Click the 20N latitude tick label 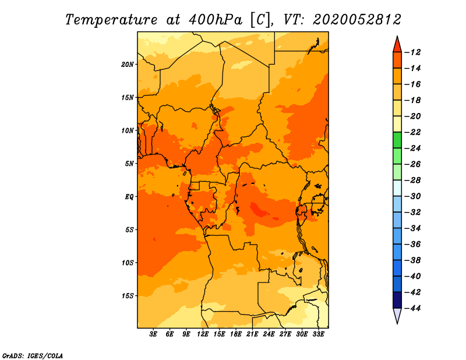pyautogui.click(x=128, y=65)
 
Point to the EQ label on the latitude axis pyautogui.click(x=129, y=197)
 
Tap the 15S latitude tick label pyautogui.click(x=128, y=296)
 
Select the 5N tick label pyautogui.click(x=129, y=164)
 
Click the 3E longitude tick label pyautogui.click(x=153, y=334)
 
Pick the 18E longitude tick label pyautogui.click(x=236, y=334)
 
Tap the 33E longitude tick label pyautogui.click(x=318, y=334)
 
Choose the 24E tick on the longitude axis pyautogui.click(x=269, y=334)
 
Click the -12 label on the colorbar pyautogui.click(x=412, y=52)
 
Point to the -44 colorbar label pyautogui.click(x=412, y=308)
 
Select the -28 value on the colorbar pyautogui.click(x=412, y=181)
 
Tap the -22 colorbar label pyautogui.click(x=412, y=132)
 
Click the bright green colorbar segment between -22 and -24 pyautogui.click(x=397, y=140)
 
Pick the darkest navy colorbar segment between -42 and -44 pyautogui.click(x=397, y=300)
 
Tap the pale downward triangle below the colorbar pyautogui.click(x=397, y=315)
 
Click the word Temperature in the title pyautogui.click(x=111, y=20)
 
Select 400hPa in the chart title pyautogui.click(x=216, y=20)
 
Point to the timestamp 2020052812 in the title pyautogui.click(x=357, y=20)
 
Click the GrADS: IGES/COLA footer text pyautogui.click(x=33, y=356)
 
